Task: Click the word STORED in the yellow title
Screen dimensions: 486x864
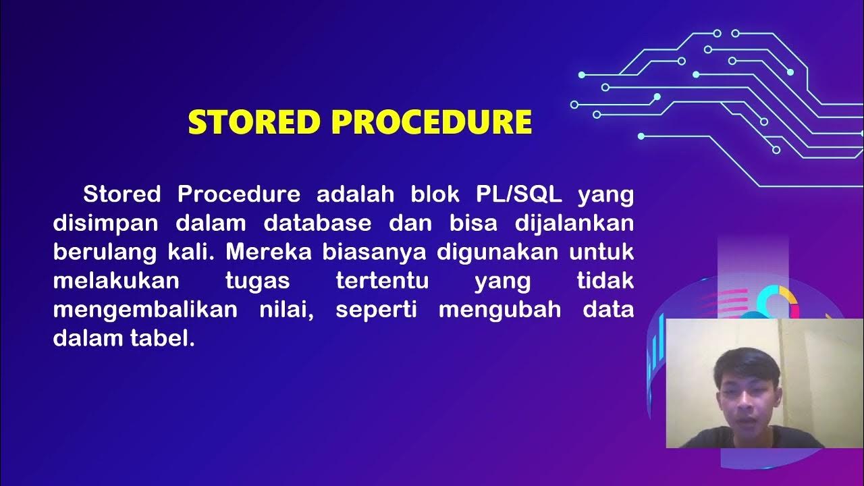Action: [253, 122]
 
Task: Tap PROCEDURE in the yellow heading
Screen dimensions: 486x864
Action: [432, 122]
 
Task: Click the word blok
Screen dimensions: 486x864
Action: [434, 194]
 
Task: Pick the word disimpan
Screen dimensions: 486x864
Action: [105, 223]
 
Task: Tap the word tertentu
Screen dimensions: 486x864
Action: [382, 281]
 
